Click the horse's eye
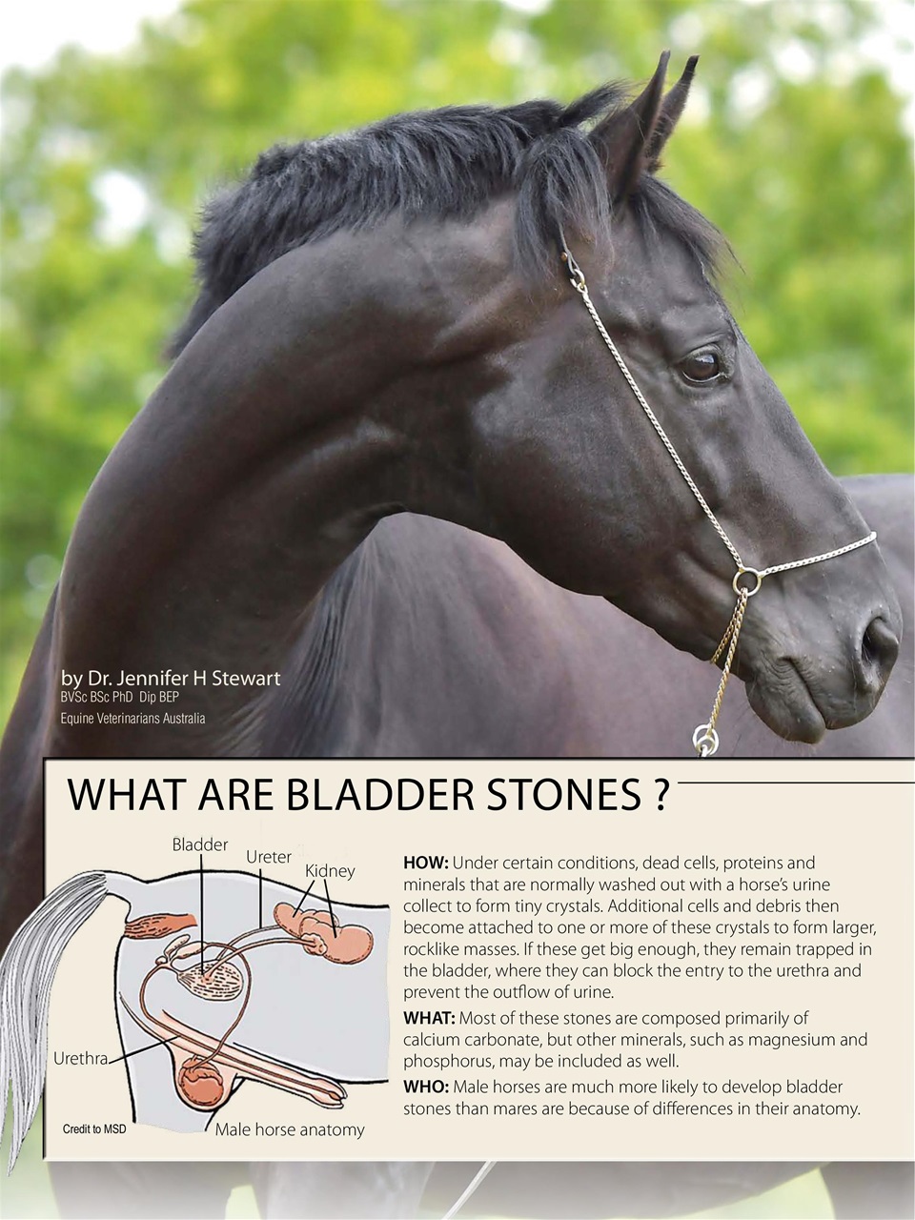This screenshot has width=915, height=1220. pos(702,367)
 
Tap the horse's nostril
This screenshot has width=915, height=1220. pos(873,648)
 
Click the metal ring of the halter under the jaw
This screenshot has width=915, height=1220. pos(747,578)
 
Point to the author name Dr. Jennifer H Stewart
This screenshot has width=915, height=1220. pos(171,679)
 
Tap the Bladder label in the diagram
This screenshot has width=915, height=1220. pos(200,844)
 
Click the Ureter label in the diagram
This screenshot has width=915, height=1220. pos(269,857)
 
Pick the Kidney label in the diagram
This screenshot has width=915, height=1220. pos(330,871)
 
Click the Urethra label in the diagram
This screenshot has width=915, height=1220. pos(80,1059)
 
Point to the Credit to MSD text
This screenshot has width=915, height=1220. pos(94,1129)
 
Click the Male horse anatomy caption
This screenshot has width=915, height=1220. pos(290,1130)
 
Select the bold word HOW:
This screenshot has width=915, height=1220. pos(425,864)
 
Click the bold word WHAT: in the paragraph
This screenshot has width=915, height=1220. pos(429,1018)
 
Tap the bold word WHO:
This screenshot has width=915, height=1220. pos(425,1087)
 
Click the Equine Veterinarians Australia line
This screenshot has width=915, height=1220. pos(132,718)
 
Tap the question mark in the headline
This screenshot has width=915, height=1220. pos(661,795)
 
